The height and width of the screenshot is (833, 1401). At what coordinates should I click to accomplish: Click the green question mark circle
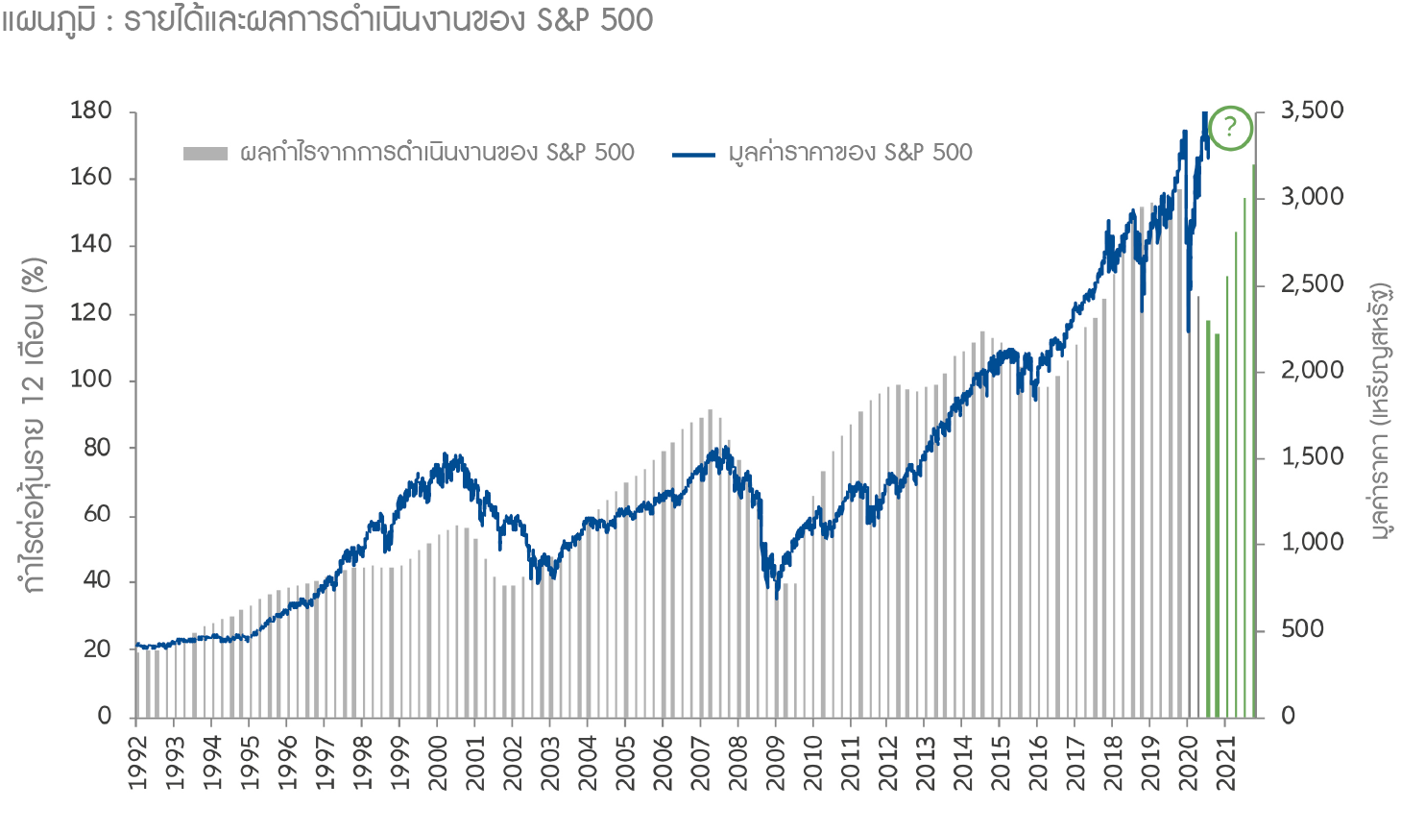[x=1230, y=128]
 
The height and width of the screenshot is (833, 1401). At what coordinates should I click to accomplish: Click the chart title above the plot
[x=327, y=19]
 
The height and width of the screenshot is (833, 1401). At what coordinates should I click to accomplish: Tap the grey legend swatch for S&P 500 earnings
[x=205, y=153]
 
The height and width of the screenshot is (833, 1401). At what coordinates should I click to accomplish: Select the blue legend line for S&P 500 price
[x=693, y=154]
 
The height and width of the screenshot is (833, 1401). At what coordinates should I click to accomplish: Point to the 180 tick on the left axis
[x=91, y=110]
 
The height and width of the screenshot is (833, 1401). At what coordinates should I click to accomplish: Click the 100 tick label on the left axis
[x=91, y=380]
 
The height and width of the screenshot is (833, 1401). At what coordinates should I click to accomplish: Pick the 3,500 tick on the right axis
[x=1313, y=110]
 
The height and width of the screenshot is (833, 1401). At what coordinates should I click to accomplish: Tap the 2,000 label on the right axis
[x=1313, y=370]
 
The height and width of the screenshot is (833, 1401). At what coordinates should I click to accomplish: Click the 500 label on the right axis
[x=1303, y=629]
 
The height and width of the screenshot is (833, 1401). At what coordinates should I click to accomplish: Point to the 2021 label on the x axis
[x=1226, y=763]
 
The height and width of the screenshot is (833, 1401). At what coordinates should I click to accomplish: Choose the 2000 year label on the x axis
[x=438, y=763]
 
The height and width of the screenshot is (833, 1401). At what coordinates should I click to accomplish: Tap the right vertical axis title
[x=1380, y=411]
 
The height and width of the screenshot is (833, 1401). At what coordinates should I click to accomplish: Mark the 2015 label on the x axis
[x=1001, y=763]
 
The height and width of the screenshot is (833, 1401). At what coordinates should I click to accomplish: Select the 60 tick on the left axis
[x=97, y=514]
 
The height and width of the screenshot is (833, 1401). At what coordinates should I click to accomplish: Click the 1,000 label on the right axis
[x=1313, y=543]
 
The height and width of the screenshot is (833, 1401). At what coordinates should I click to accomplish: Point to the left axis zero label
[x=105, y=716]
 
